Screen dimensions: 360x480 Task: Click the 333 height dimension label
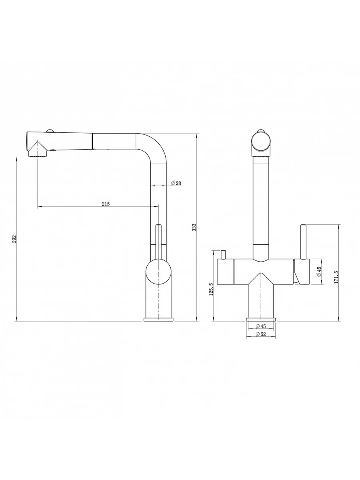194,228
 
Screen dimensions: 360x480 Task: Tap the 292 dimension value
14,239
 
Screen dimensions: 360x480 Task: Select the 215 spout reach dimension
106,204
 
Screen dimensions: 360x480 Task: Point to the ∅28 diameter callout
176,183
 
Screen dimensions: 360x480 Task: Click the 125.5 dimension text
211,289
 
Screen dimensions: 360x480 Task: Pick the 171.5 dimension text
336,277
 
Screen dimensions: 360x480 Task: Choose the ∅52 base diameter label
260,334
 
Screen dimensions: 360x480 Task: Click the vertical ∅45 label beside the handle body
319,272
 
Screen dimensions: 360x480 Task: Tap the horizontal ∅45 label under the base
260,326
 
